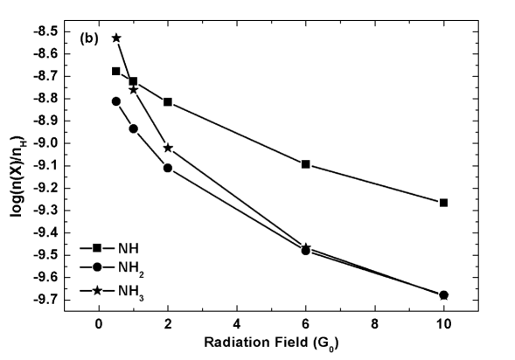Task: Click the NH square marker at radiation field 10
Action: coord(444,203)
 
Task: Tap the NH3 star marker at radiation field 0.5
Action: coord(116,38)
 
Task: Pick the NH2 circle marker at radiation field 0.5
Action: coord(116,101)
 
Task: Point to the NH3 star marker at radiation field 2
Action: coord(168,148)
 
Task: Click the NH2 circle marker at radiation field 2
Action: coord(168,168)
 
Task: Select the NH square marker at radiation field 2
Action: coord(168,102)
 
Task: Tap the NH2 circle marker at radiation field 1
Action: coord(134,128)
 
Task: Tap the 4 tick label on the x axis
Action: coord(237,322)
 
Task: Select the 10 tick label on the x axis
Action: coord(444,322)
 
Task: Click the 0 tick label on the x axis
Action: coord(99,322)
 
